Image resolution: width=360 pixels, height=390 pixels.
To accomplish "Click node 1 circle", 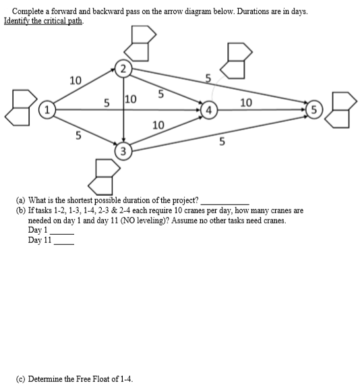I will pos(47,109).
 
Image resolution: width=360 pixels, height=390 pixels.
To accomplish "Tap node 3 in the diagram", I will pos(123,150).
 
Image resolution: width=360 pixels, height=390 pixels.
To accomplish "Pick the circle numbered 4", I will pos(210,109).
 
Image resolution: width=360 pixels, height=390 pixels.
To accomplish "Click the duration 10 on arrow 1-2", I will pos(76,80).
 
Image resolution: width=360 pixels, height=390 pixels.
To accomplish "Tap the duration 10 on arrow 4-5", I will pos(246,102).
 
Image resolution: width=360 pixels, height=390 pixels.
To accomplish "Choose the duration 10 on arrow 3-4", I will pos(158,125).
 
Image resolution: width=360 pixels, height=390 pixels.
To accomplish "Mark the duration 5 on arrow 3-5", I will pos(222,141).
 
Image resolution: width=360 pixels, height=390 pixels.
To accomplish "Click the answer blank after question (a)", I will pos(225,202).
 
